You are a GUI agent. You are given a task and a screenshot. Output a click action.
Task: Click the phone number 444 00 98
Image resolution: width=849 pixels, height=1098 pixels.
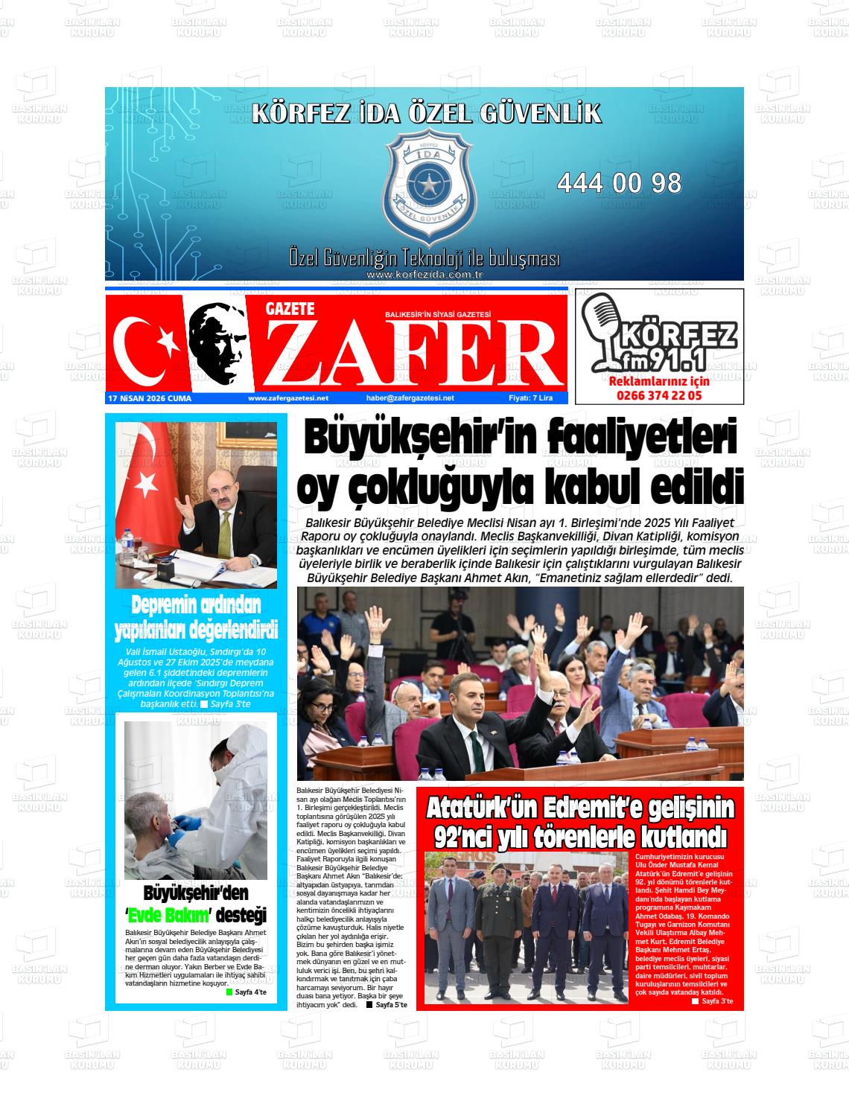(619, 183)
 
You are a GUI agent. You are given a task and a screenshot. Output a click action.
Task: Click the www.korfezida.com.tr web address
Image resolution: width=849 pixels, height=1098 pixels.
(425, 275)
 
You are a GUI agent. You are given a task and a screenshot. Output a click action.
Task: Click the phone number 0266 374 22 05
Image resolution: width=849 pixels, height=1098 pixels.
(659, 396)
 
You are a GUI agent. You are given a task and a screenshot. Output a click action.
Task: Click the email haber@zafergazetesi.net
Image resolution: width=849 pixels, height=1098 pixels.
(410, 398)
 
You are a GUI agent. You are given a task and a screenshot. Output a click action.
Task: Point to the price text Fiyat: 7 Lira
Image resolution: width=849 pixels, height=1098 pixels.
(530, 398)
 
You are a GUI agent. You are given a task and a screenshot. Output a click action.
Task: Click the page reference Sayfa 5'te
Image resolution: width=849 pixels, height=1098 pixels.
(391, 1005)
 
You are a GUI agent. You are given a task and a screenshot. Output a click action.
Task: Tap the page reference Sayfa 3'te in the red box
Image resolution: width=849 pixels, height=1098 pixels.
(716, 1001)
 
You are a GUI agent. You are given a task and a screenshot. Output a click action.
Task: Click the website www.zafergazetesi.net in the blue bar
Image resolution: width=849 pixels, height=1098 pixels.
(288, 398)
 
